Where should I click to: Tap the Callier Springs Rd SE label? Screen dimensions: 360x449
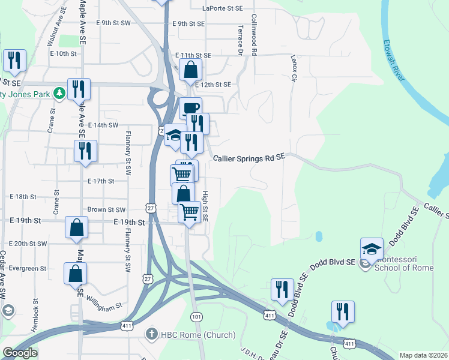[x=249, y=158]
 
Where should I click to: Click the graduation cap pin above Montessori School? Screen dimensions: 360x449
[x=372, y=248]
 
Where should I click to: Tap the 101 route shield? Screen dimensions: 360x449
[x=196, y=316]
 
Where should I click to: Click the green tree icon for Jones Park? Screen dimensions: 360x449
[x=59, y=94]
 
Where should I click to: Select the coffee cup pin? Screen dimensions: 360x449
[x=190, y=109]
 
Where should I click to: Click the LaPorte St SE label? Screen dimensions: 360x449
[x=223, y=8]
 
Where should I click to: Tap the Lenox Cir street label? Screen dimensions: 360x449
[x=294, y=70]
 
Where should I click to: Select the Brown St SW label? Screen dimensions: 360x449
[x=106, y=210]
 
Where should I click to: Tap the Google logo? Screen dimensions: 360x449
[x=20, y=353]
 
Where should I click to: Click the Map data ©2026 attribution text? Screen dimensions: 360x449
[x=423, y=355]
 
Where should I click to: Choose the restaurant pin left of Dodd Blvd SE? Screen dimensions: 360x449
[x=282, y=290]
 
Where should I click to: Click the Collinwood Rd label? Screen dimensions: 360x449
[x=255, y=35]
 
